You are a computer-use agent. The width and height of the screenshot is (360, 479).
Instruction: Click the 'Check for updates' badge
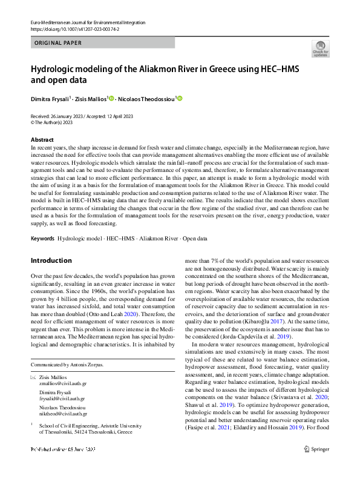pos(319,50)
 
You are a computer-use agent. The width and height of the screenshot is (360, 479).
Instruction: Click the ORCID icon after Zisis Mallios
pos(112,98)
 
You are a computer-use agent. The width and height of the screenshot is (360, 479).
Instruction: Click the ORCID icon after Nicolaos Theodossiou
pos(180,98)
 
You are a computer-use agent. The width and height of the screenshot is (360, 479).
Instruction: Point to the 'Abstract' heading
pos(42,139)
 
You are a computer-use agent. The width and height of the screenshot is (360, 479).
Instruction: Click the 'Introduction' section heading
pos(51,260)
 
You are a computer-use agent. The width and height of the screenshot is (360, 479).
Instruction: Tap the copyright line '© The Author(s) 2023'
pos(55,121)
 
